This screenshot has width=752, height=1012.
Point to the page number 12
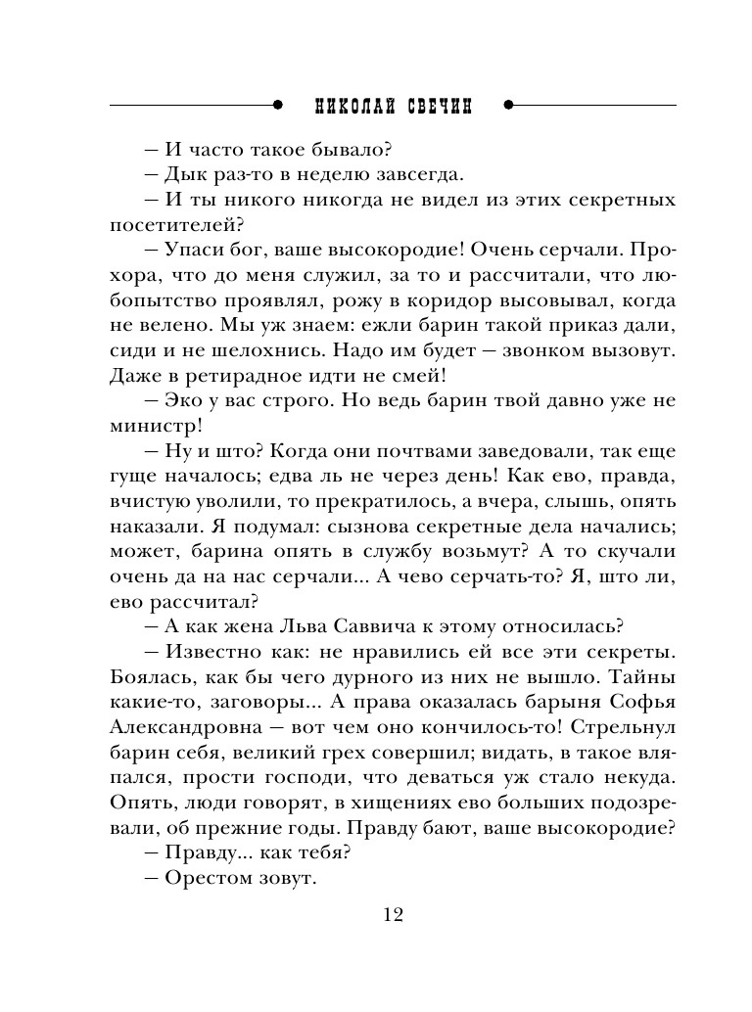pos(392,915)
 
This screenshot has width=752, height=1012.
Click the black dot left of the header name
pos(278,106)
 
